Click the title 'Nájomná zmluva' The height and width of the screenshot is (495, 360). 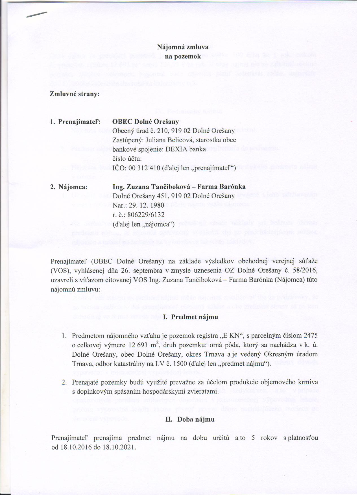click(x=183, y=47)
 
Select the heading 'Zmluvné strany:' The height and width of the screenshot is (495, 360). click(x=75, y=94)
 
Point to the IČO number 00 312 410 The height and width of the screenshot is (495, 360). click(x=140, y=169)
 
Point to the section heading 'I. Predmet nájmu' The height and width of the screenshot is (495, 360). click(x=191, y=317)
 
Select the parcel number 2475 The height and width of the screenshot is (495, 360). click(x=310, y=336)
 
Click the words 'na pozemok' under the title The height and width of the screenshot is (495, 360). click(x=183, y=56)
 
